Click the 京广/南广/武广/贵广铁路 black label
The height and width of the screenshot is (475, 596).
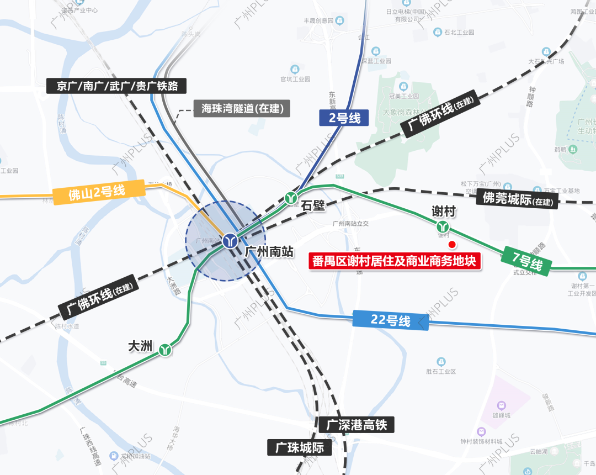click(x=116, y=86)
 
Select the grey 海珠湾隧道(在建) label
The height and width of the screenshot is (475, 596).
click(x=242, y=108)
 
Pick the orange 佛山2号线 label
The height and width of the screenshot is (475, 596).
click(x=98, y=192)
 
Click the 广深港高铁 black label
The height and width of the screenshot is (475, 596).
click(x=356, y=425)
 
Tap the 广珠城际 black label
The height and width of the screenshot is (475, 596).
click(x=300, y=447)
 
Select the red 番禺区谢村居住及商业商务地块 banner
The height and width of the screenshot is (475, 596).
click(x=393, y=261)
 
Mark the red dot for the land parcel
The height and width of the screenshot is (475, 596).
click(x=451, y=244)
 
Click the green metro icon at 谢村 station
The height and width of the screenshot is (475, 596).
click(x=443, y=226)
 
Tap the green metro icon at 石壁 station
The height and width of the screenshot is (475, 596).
click(x=291, y=197)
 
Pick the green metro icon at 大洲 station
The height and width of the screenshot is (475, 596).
click(x=164, y=350)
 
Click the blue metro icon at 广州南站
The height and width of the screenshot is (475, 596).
click(x=230, y=241)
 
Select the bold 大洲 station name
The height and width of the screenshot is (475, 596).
click(x=140, y=346)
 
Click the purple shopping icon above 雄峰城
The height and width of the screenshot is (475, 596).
click(x=501, y=405)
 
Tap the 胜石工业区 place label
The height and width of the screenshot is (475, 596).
click(x=441, y=371)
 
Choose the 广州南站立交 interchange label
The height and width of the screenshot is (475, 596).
click(x=350, y=224)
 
